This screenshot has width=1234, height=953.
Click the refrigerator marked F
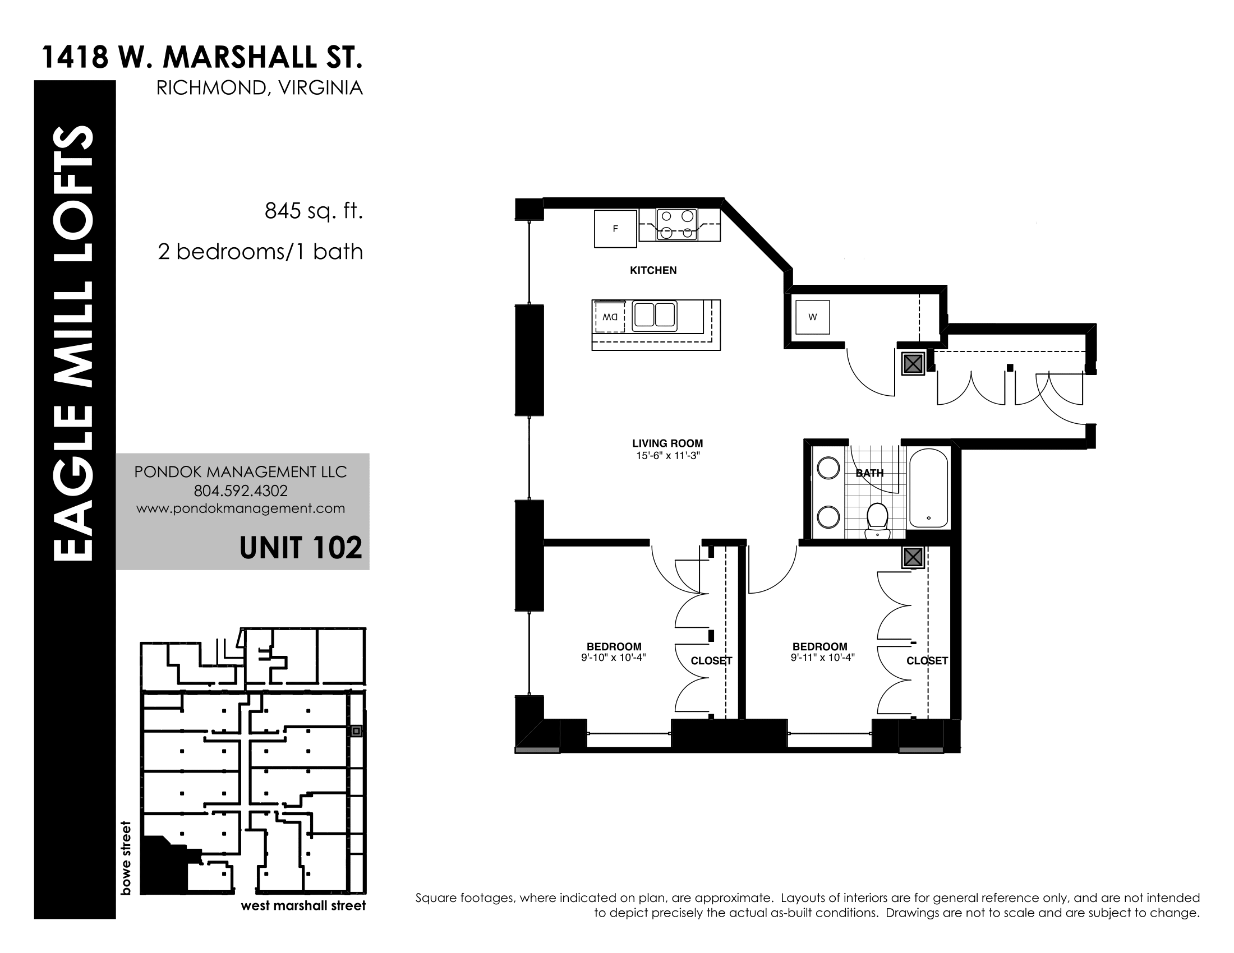615,228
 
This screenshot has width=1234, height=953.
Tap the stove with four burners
676,224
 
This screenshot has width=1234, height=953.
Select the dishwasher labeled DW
609,317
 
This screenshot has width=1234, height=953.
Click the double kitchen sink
654,315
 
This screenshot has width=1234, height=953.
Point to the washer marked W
813,317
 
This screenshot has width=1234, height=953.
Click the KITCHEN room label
653,270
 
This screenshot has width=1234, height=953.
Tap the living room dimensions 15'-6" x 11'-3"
668,456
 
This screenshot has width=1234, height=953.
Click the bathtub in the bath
928,488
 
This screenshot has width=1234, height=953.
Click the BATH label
869,473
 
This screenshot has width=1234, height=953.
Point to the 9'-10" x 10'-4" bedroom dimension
614,657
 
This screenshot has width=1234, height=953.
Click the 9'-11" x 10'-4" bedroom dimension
823,657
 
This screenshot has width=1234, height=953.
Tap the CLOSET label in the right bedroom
927,660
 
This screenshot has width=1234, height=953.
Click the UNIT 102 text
301,548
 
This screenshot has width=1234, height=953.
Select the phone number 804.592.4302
241,491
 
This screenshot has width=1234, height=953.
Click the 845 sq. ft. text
314,211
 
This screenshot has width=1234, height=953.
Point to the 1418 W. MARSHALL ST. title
202,57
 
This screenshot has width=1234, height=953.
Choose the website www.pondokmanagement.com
241,508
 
